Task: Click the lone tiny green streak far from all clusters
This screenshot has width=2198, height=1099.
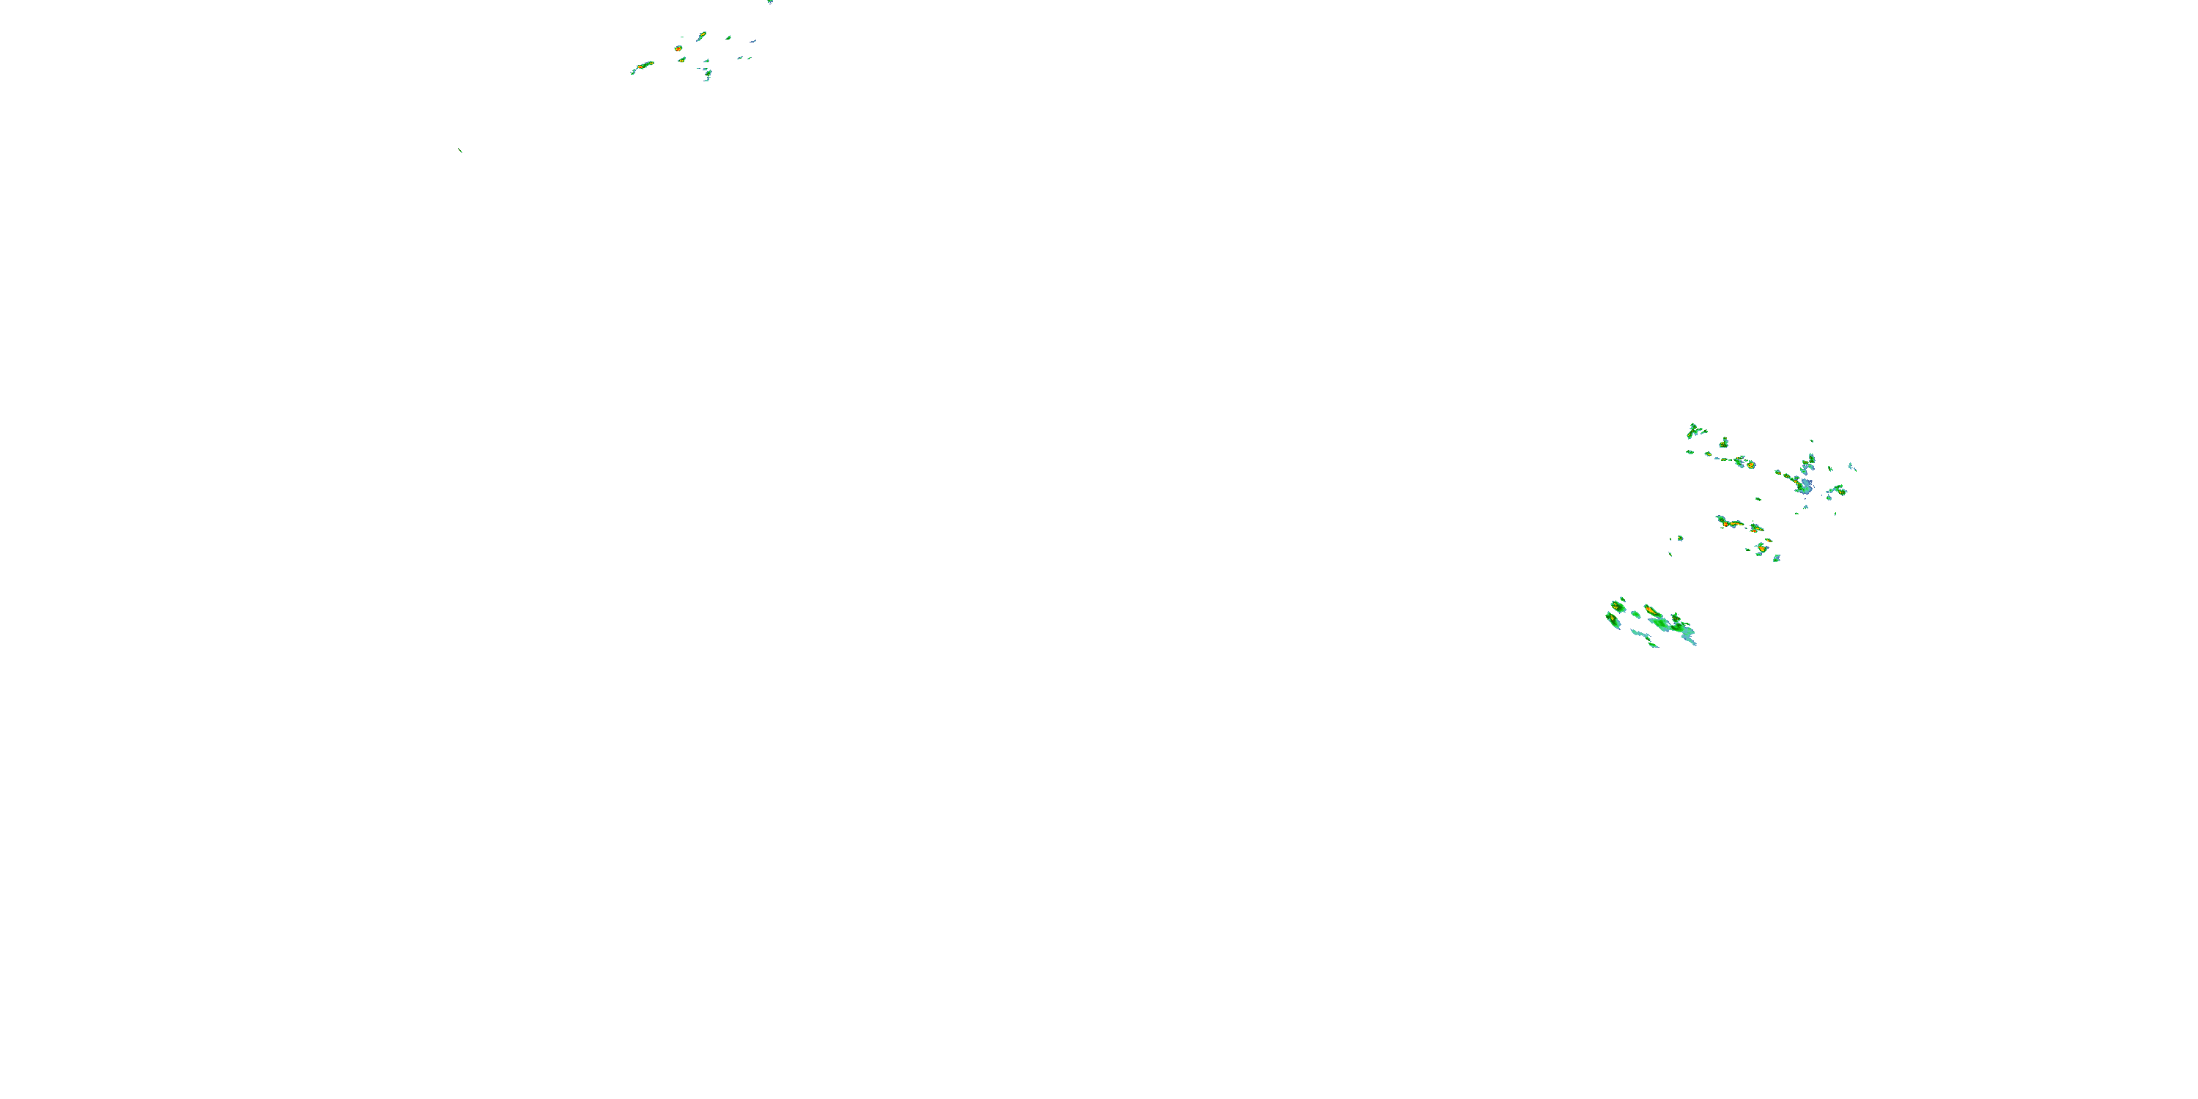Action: point(461,151)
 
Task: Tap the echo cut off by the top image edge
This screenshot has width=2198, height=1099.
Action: point(769,1)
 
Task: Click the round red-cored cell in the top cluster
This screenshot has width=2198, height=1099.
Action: point(678,48)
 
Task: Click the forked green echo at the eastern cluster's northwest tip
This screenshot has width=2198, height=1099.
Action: point(1694,431)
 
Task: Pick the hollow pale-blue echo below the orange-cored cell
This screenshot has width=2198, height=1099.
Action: point(1777,558)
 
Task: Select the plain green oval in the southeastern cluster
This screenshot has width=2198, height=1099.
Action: point(1636,615)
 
